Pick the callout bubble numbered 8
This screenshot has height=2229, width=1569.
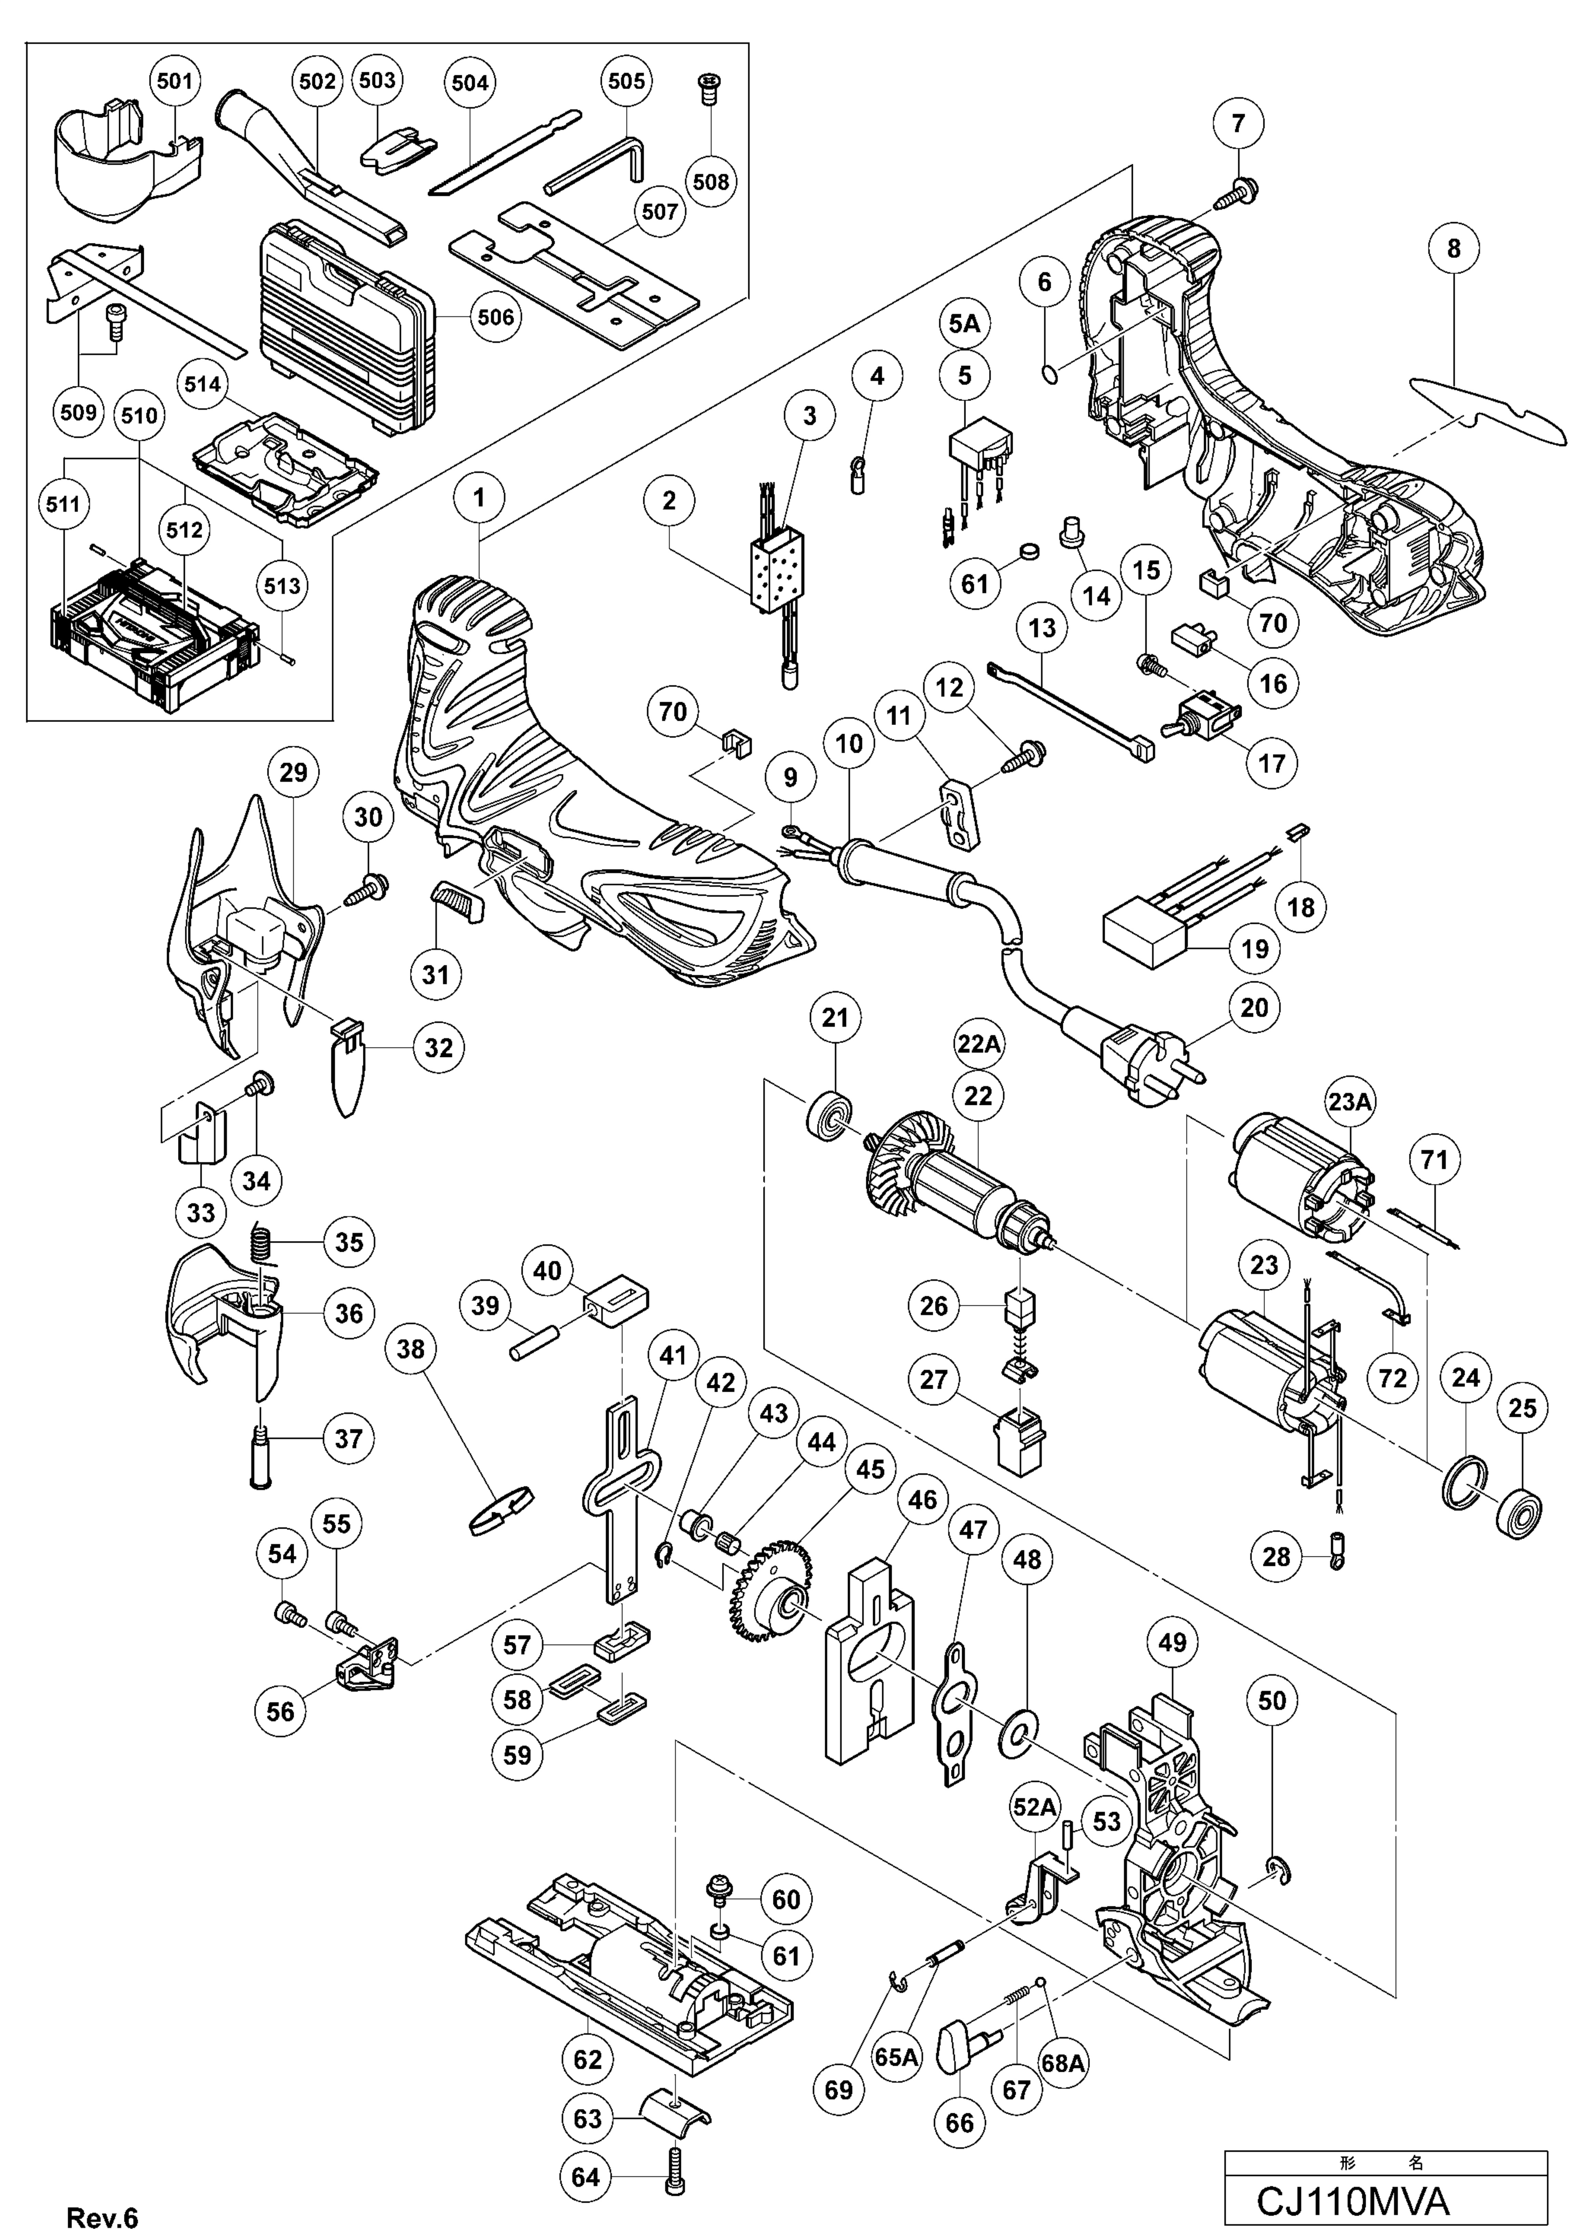coord(1453,249)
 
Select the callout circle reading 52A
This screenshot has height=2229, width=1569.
coord(1034,1807)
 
